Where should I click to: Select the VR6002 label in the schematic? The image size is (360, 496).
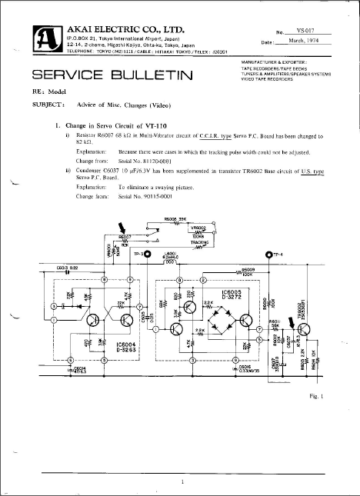198,228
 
